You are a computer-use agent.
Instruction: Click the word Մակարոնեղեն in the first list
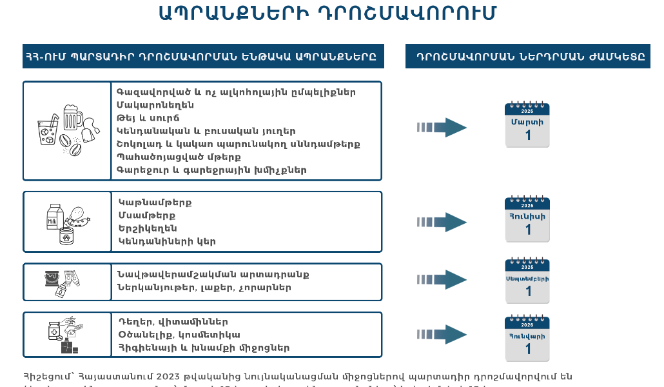[x=155, y=105]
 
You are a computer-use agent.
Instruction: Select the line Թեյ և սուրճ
[x=148, y=118]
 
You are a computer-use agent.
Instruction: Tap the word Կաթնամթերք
[x=155, y=203]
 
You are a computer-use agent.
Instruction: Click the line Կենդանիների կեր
[x=167, y=241]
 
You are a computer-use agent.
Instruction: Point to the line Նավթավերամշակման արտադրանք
[x=213, y=274]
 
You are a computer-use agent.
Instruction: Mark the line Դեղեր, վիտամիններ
[x=173, y=322]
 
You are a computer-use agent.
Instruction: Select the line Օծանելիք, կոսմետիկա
[x=179, y=335]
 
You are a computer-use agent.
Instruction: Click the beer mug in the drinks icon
[x=72, y=117]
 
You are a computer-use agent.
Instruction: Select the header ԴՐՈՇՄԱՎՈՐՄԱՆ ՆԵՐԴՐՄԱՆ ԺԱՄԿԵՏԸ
[x=527, y=56]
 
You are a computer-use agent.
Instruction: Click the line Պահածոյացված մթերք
[x=179, y=157]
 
